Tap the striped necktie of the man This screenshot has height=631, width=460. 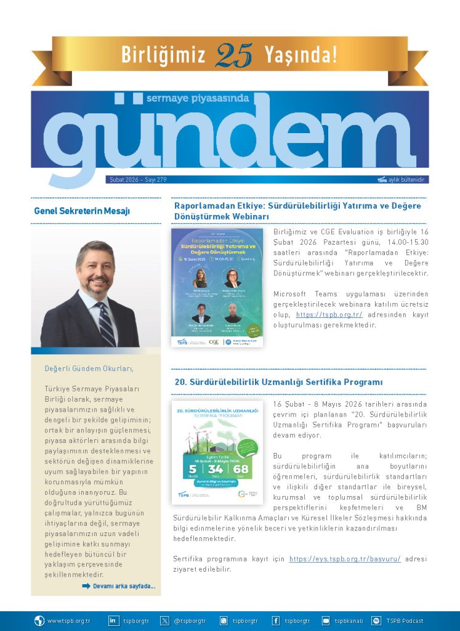pyautogui.click(x=105, y=324)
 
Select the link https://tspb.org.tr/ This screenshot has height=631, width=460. pyautogui.click(x=329, y=314)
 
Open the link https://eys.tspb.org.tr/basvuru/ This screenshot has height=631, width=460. pyautogui.click(x=345, y=559)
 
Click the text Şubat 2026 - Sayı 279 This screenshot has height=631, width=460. pyautogui.click(x=137, y=180)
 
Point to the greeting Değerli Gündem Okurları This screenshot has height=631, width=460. pyautogui.click(x=89, y=368)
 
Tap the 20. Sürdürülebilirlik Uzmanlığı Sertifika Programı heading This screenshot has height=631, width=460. pyautogui.click(x=278, y=382)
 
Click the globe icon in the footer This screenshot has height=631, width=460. pyautogui.click(x=39, y=621)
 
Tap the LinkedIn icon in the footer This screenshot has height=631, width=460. pyautogui.click(x=114, y=621)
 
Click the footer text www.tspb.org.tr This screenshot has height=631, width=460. pyautogui.click(x=68, y=621)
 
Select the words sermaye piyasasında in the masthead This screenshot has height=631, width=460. pyautogui.click(x=197, y=98)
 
